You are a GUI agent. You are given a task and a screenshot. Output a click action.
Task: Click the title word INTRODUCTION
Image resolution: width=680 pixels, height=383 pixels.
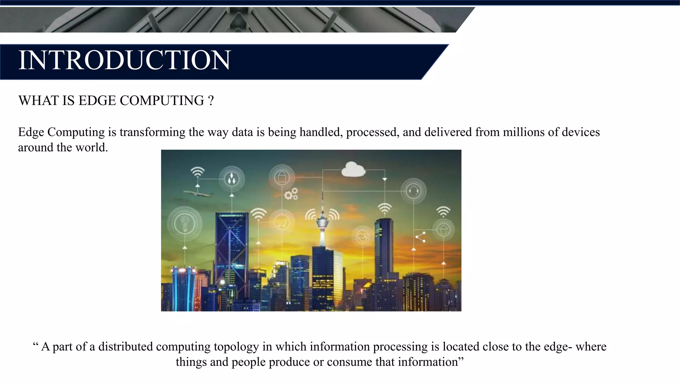tap(124, 60)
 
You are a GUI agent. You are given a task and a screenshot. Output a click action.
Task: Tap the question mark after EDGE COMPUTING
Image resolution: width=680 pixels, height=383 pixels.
tap(211, 101)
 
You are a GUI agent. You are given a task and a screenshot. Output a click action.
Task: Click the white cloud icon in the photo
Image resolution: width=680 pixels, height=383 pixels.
tap(353, 170)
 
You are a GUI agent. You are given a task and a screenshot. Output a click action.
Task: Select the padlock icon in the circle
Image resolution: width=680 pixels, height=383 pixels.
tap(282, 177)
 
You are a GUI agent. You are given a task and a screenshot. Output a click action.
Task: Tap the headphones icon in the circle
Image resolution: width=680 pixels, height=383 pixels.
tap(413, 191)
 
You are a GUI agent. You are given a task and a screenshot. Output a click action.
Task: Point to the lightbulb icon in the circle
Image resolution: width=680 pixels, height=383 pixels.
tap(185, 223)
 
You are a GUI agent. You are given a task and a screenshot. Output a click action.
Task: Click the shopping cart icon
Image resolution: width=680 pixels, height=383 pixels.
tap(282, 222)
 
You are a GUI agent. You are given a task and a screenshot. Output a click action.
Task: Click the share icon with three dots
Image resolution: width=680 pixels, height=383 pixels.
tap(421, 237)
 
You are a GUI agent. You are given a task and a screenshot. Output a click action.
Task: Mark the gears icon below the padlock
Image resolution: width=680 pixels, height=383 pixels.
tap(291, 194)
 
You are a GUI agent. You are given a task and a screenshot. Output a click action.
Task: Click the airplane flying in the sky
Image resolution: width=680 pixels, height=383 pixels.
tap(198, 193)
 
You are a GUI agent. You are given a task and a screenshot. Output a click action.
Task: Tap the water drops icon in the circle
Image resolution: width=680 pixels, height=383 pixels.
tap(231, 179)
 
